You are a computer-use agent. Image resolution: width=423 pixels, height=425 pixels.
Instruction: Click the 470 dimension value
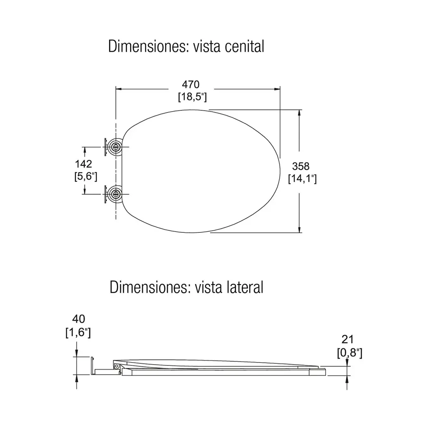click(x=191, y=85)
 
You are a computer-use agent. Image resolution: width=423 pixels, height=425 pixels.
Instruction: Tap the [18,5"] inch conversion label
click(x=192, y=97)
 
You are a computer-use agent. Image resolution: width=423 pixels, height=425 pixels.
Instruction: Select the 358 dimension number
click(x=301, y=166)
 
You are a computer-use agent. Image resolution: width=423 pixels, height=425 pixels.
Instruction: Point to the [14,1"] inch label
click(x=302, y=179)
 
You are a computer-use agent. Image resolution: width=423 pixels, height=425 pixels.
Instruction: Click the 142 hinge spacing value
click(x=83, y=164)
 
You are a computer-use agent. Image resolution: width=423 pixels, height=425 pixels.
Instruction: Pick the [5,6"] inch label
click(x=86, y=177)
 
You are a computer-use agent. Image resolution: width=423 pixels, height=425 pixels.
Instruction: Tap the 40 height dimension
click(x=78, y=319)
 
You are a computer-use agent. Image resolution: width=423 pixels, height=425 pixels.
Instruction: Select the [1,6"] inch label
click(x=78, y=332)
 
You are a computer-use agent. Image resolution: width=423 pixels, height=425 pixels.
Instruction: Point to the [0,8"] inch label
click(x=349, y=353)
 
